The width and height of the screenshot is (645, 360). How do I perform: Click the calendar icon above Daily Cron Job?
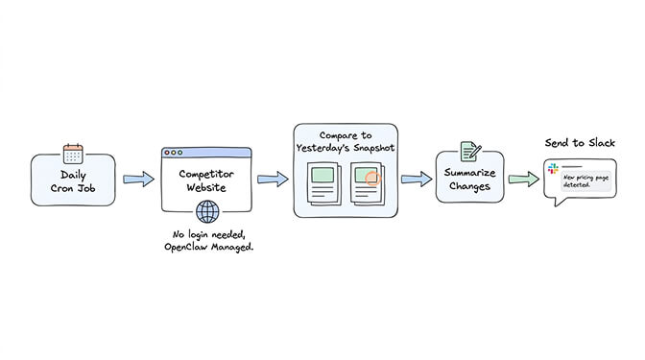(x=74, y=154)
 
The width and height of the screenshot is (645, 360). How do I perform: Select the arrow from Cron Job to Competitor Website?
(x=138, y=179)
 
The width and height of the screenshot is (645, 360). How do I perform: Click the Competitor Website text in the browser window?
(x=206, y=180)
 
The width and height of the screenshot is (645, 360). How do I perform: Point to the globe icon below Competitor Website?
(x=206, y=212)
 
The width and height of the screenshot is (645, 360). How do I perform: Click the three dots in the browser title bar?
(x=175, y=154)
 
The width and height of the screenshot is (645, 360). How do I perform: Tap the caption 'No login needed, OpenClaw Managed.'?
(x=206, y=241)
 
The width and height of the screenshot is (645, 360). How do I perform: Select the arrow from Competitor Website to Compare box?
(x=273, y=179)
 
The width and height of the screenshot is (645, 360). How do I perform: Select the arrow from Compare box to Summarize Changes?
(x=415, y=179)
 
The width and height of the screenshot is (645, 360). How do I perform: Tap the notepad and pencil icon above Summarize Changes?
(x=470, y=152)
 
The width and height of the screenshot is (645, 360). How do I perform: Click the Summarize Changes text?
(x=470, y=180)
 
